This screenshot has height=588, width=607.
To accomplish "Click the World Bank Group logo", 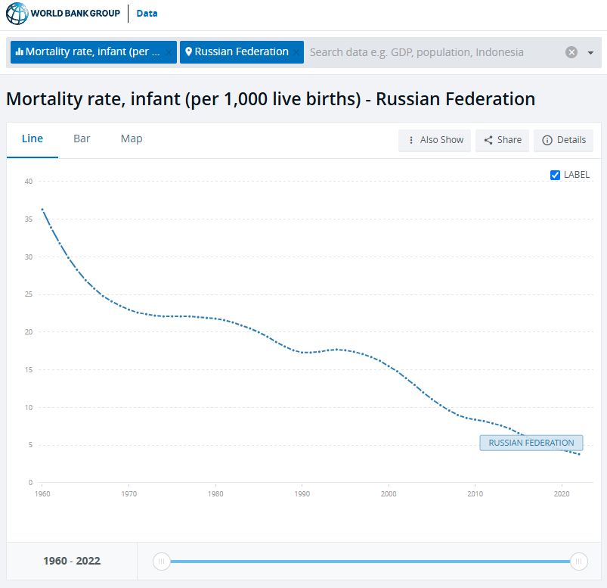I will coord(63,14).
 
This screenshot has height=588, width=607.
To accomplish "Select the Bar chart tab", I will coord(82,138).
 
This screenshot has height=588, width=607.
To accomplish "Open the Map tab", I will coord(132,138).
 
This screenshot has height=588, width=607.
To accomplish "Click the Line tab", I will coord(33,138).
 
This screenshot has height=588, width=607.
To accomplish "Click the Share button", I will coord(503,140).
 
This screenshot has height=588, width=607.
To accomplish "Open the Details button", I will coord(564,140).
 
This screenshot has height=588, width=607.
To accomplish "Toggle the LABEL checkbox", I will coord(556,175).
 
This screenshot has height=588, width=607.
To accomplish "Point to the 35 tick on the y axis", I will coord(28,219).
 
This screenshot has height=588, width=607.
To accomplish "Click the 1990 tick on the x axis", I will coord(302,493).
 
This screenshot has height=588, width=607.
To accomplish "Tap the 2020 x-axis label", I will coord(562,493).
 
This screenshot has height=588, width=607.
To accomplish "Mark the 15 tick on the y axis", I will coord(28,370).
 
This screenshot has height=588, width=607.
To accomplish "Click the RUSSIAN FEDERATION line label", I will coord(531,443).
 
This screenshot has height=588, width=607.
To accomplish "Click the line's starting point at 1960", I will coord(42,209).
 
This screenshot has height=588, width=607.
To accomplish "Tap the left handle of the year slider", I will coord(161,562).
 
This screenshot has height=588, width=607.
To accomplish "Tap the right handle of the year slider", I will coord(579,562).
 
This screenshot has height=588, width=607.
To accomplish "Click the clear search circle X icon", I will coord(571,52).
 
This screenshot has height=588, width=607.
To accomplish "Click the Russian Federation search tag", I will coord(240,52).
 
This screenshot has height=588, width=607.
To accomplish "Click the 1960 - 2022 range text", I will coord(72,562).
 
